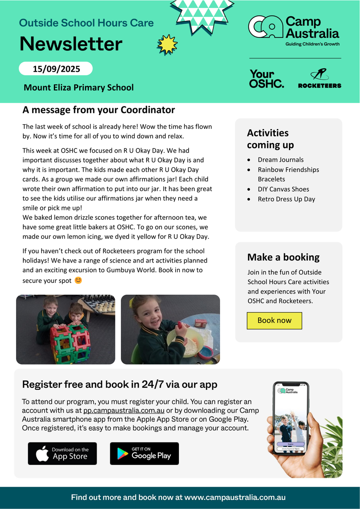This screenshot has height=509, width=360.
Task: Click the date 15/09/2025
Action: tap(56, 69)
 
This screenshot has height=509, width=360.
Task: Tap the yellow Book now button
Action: tap(274, 321)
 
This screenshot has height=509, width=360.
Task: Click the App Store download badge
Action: tap(62, 453)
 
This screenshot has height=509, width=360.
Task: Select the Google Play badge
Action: tap(144, 453)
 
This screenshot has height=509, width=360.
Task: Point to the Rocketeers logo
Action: tap(319, 79)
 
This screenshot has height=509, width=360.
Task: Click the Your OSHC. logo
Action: tap(267, 79)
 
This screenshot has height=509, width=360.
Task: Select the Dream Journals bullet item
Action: tap(280, 160)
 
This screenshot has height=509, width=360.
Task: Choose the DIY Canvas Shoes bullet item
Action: tap(283, 189)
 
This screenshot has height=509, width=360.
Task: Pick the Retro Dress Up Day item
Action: tap(286, 199)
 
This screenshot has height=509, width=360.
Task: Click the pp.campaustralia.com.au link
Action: tap(123, 410)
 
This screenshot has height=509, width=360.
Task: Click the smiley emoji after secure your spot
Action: tap(78, 280)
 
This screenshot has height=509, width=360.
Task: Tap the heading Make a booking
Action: tap(283, 257)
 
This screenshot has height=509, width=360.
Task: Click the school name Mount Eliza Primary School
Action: tap(78, 88)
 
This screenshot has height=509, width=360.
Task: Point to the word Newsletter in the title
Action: tap(71, 44)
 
